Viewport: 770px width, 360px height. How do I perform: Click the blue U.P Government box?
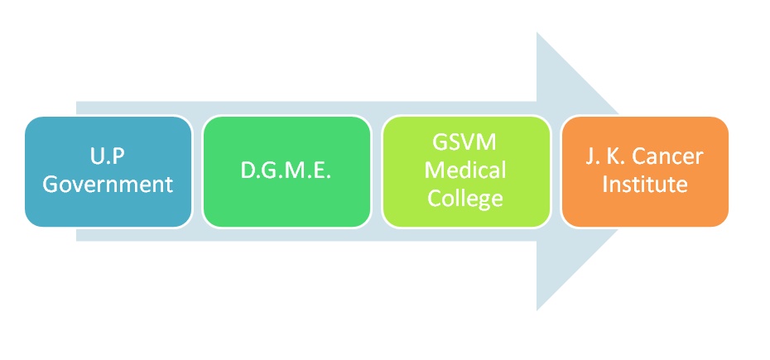(x=108, y=171)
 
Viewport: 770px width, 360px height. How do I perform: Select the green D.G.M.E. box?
(x=286, y=171)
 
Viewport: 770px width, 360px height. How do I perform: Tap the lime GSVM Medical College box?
(x=465, y=171)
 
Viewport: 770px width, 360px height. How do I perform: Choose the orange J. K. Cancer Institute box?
(x=645, y=171)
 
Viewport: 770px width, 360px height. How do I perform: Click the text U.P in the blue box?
(x=108, y=156)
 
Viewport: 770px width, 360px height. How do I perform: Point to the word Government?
(x=108, y=185)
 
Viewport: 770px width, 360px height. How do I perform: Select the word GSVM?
(x=464, y=142)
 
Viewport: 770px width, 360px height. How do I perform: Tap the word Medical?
(x=465, y=170)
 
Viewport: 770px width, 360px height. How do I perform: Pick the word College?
(x=465, y=199)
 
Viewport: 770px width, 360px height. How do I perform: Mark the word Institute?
(x=644, y=185)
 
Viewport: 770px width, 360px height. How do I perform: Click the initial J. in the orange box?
(x=592, y=156)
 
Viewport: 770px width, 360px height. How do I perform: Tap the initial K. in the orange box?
(x=614, y=156)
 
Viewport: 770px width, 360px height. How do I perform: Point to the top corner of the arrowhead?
(x=537, y=32)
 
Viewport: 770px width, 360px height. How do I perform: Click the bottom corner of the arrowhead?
(x=537, y=310)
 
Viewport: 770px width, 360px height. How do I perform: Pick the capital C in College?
(x=434, y=198)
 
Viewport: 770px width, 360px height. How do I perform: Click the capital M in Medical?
(x=435, y=170)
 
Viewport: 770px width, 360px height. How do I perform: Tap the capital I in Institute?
(x=605, y=185)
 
